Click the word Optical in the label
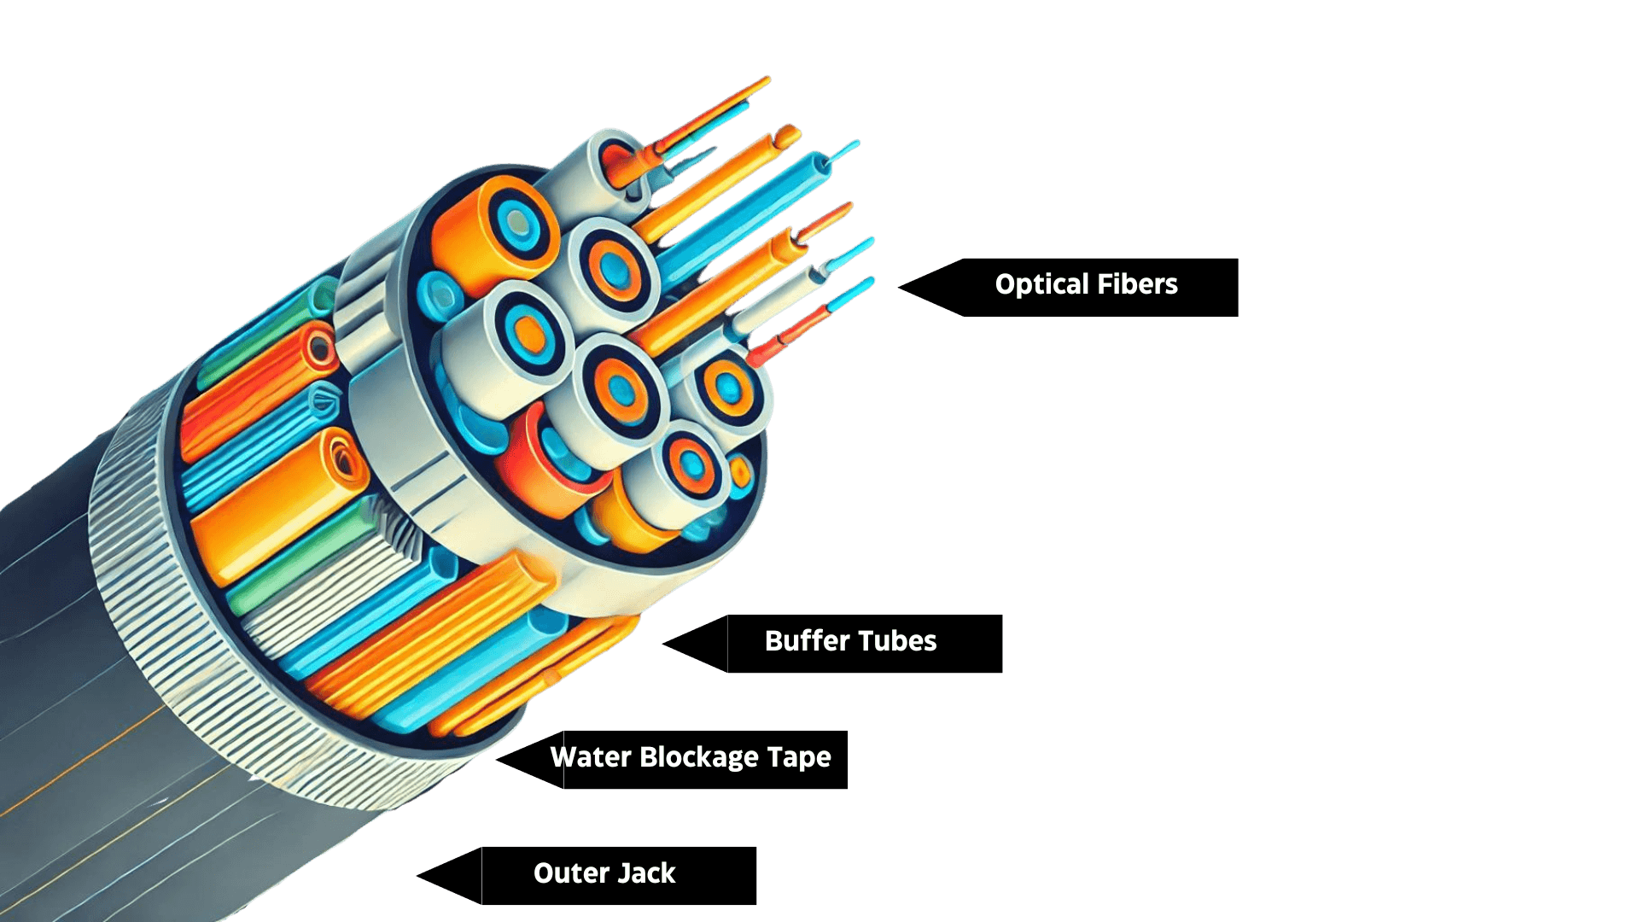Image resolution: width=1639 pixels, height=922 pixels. point(1040,285)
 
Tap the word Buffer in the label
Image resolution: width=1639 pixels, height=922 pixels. point(808,641)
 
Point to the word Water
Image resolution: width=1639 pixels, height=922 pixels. point(590,757)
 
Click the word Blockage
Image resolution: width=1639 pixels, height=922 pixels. point(698,758)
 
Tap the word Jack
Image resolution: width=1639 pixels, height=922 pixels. point(646,873)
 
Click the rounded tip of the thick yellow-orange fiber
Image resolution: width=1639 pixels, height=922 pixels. point(788,136)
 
